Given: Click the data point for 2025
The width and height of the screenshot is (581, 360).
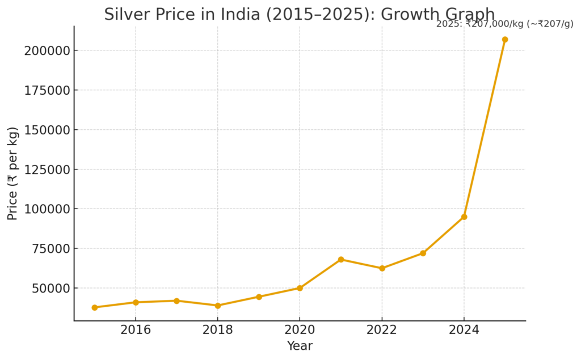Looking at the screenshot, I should tap(505, 40).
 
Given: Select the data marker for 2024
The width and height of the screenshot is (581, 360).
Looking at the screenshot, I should tap(464, 217).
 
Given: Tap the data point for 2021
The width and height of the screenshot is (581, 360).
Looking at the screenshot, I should tap(341, 260).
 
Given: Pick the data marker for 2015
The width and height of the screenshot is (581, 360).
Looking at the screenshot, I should tap(95, 307).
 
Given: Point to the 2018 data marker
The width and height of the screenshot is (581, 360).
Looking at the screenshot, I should tap(218, 306).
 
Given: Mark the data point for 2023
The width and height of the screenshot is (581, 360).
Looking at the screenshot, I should tap(423, 253).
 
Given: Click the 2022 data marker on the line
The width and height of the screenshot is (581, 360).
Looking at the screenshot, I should tap(382, 268).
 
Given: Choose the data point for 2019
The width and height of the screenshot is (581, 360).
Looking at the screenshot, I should tap(259, 297).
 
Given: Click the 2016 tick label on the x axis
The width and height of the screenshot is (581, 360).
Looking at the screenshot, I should tap(136, 331).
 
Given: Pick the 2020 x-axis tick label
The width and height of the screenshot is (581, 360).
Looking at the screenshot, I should tap(300, 331).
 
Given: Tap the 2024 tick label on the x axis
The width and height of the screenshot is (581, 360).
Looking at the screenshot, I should tap(464, 331).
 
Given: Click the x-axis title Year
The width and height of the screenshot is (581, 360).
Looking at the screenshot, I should tap(300, 346).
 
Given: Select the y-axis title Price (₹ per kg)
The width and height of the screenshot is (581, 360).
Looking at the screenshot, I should tap(12, 173).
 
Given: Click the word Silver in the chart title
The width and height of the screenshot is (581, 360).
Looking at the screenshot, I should tap(123, 15).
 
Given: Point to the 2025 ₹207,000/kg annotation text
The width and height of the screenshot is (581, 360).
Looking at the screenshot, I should tap(504, 24).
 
